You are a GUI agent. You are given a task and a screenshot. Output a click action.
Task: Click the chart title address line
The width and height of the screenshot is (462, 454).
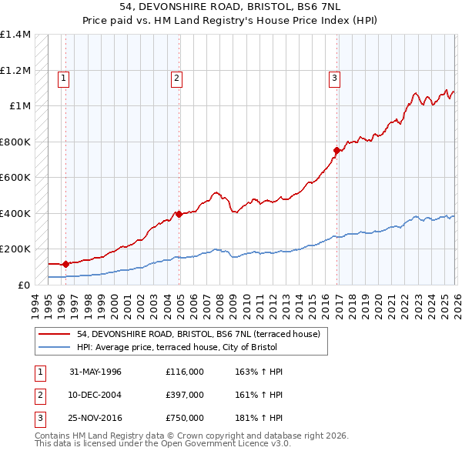point(230,7)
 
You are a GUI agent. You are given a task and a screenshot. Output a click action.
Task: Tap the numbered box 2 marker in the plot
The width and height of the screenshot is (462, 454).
point(176,77)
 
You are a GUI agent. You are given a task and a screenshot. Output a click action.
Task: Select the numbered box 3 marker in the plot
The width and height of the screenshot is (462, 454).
point(335,77)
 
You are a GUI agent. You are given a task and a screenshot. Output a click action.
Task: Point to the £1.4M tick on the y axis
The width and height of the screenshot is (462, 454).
point(15,35)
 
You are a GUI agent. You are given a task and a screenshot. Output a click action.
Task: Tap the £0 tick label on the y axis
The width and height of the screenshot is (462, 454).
point(25,285)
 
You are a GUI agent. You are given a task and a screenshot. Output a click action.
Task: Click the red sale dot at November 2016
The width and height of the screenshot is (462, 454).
point(336,151)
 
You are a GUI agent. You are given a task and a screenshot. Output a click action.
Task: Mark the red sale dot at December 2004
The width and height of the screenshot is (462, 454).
point(179,214)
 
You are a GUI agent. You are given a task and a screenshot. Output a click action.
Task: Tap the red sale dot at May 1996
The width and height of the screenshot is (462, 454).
point(66,264)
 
